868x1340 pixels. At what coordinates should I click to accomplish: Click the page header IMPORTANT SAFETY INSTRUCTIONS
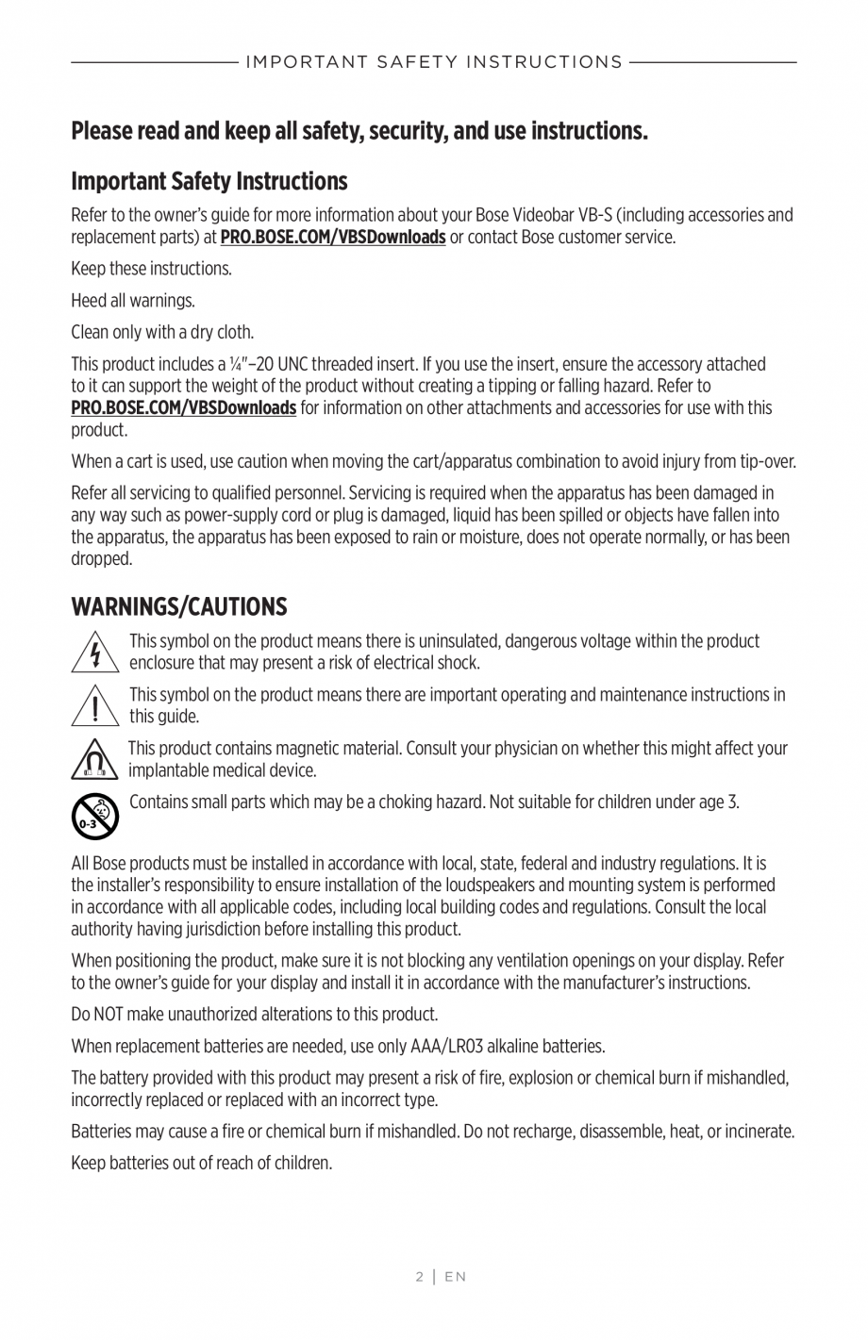click(x=434, y=62)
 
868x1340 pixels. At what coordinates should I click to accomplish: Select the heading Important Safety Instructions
click(x=209, y=181)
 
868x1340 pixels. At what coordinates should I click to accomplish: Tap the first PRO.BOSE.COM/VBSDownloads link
click(x=332, y=237)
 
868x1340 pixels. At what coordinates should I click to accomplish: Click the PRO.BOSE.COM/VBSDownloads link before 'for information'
click(x=184, y=407)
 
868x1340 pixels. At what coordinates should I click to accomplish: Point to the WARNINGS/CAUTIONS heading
click(x=179, y=606)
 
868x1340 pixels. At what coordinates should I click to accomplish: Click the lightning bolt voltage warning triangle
click(x=94, y=652)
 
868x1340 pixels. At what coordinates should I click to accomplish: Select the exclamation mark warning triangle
click(x=94, y=706)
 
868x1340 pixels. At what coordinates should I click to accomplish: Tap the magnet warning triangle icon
click(x=94, y=760)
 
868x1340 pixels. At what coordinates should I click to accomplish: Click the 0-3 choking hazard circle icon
click(x=94, y=815)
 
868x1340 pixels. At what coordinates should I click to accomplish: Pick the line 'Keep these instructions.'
click(x=151, y=269)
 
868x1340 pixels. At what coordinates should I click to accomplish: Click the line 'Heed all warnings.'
click(x=133, y=301)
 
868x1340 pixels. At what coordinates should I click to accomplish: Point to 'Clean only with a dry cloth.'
click(x=162, y=332)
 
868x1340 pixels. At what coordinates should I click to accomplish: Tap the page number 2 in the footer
click(x=419, y=1277)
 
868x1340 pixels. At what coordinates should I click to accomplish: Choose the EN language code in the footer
click(x=456, y=1277)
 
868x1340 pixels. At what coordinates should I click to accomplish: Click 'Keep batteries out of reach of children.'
click(x=202, y=1163)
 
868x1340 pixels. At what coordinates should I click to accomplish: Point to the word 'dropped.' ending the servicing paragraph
click(x=102, y=558)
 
